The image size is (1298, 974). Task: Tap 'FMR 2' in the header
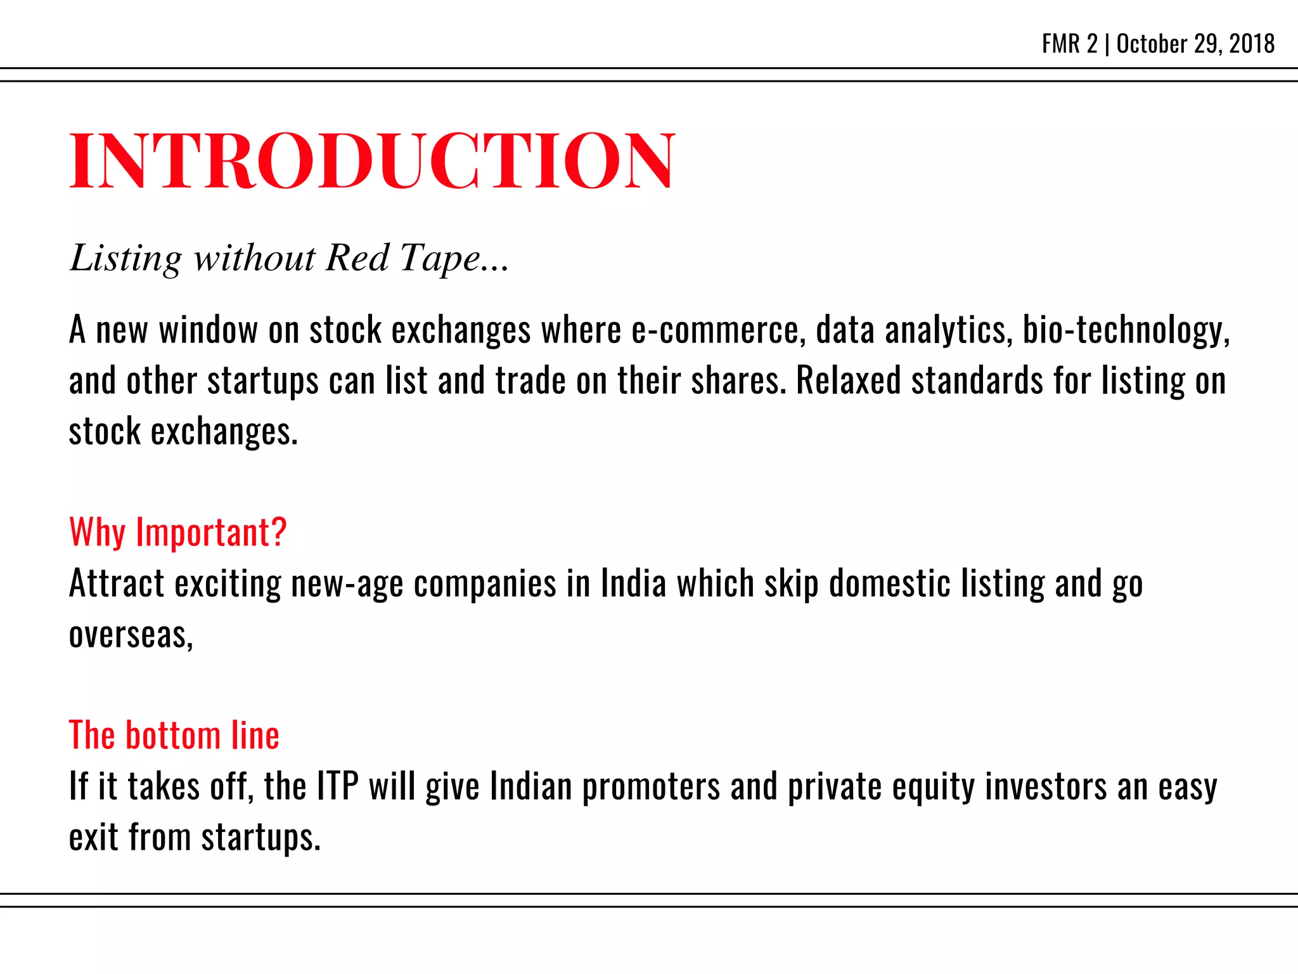pos(1069,44)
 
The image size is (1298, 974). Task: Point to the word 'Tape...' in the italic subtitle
pos(454,259)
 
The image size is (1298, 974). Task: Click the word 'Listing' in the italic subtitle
pos(125,259)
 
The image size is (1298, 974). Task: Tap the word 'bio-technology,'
pos(1126,330)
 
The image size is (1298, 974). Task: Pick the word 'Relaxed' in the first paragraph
pos(848,381)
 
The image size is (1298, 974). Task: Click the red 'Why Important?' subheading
pos(177,532)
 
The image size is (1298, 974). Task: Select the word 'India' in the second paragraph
pos(633,583)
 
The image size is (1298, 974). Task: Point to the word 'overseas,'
pos(131,635)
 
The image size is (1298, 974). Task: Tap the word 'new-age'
pos(347,583)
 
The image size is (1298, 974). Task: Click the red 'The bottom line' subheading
pos(174,736)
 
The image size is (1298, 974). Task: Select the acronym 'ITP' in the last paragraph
pos(337,786)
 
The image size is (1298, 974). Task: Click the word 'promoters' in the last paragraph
pos(650,786)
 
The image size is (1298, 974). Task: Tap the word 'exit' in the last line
pos(93,837)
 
